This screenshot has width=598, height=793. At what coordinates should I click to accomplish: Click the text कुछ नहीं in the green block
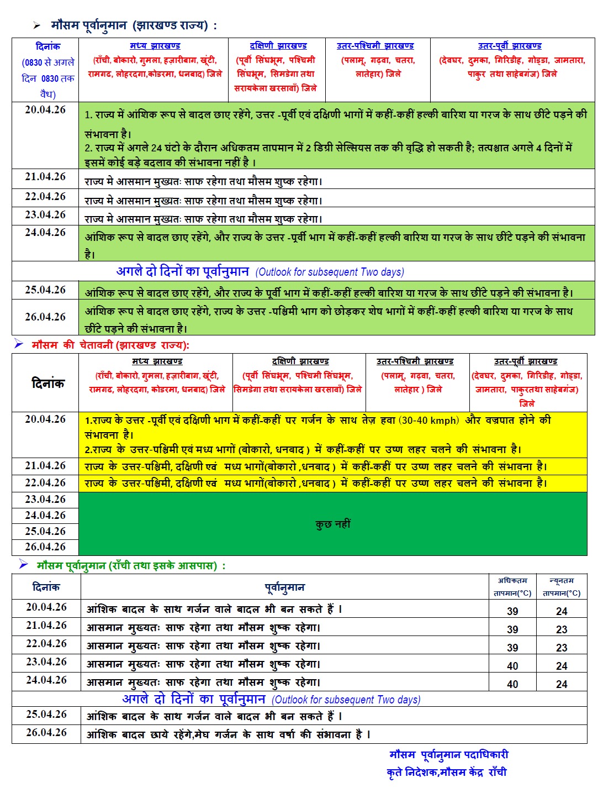333,524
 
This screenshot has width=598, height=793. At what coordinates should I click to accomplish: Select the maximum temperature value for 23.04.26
512,666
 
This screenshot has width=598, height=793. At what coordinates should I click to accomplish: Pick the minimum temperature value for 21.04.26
562,629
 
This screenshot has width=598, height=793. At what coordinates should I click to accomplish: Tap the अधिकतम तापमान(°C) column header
512,587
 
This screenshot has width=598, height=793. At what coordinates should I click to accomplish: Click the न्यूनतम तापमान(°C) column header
562,587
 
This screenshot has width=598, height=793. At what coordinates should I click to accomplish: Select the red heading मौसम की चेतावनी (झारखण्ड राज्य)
110,345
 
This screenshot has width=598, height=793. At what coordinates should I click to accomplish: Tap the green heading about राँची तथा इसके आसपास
131,565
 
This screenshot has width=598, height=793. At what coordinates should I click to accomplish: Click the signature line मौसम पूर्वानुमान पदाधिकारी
448,755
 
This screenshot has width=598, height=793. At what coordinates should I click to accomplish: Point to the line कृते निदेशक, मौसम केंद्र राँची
446,772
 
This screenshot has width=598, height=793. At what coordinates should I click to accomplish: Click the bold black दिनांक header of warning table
47,383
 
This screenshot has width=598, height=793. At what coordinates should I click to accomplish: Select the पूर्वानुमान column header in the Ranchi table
285,587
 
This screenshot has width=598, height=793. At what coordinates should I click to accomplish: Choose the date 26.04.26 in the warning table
45,547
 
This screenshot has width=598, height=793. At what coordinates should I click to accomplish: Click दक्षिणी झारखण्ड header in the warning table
300,361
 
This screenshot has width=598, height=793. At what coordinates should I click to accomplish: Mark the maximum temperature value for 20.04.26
512,611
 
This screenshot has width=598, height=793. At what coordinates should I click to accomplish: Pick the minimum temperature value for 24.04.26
562,684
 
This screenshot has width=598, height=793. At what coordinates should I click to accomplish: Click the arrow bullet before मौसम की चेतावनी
19,344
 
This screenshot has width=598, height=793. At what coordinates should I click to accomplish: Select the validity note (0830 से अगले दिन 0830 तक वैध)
48,78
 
